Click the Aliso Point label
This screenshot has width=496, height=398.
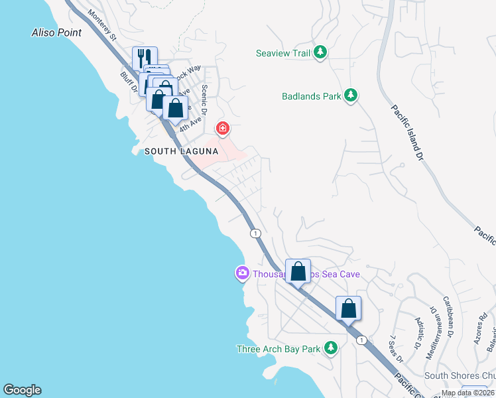click(56, 33)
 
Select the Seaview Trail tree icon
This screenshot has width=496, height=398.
click(320, 52)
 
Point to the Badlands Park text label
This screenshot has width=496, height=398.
click(312, 96)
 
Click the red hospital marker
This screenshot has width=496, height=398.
click(223, 127)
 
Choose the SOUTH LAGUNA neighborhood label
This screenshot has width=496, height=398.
click(181, 151)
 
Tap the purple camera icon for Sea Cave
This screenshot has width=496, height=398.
click(242, 273)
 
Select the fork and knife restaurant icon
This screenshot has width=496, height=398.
click(145, 58)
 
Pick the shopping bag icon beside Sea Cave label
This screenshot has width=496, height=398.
click(298, 271)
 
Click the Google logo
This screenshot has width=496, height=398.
click(22, 390)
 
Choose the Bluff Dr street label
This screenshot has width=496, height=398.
click(128, 83)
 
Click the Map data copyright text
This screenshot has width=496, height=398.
click(468, 393)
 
